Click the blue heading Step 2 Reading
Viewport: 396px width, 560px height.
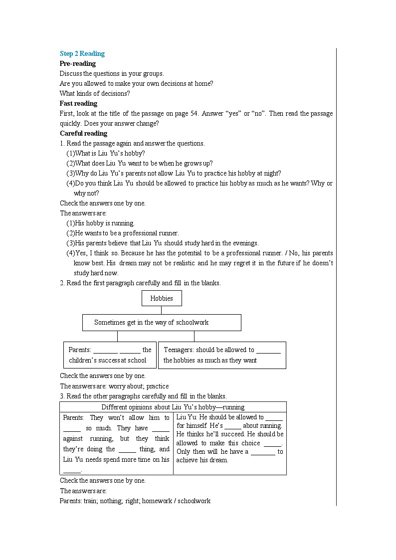(x=82, y=53)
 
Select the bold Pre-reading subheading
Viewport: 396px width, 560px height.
(x=78, y=63)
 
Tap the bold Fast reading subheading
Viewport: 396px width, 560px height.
(x=79, y=103)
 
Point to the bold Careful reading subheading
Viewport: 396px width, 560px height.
(x=83, y=133)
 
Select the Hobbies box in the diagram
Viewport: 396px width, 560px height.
(x=162, y=298)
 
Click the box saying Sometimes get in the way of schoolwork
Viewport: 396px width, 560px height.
(x=162, y=323)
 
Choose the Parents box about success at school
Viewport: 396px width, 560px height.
(x=110, y=355)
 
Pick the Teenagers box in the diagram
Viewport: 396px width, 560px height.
(x=222, y=355)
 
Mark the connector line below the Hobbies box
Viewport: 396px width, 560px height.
(x=162, y=310)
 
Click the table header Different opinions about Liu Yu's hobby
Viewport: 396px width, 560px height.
(x=173, y=407)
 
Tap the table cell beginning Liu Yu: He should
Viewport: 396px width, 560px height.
(x=229, y=438)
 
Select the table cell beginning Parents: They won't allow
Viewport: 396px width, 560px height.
(x=116, y=443)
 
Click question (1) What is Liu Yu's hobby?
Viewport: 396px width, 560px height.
(x=106, y=153)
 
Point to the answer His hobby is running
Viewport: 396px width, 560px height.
(x=101, y=223)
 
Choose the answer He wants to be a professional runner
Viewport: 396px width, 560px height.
(x=123, y=233)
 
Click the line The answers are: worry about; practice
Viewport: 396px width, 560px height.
(x=114, y=386)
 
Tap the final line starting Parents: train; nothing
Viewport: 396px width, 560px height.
(x=135, y=501)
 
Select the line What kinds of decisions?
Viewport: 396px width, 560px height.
(x=95, y=93)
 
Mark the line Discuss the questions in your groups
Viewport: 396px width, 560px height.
(x=112, y=73)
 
